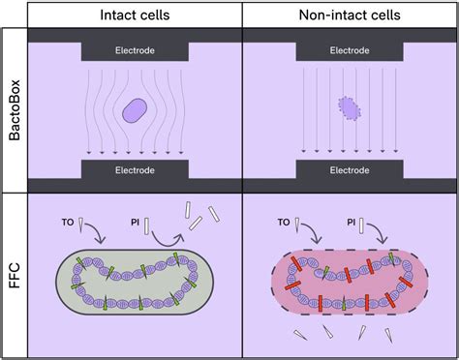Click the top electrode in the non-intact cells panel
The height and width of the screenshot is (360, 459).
(x=348, y=48)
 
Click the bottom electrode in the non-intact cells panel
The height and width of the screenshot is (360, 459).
(x=348, y=170)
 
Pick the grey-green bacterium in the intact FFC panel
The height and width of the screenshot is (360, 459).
(x=133, y=285)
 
